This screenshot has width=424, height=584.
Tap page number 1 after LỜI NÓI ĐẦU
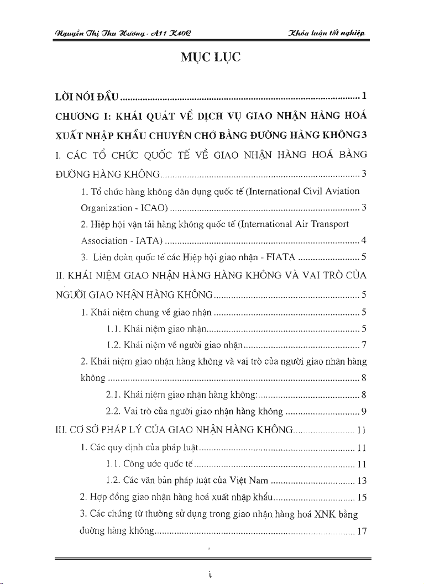364,98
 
